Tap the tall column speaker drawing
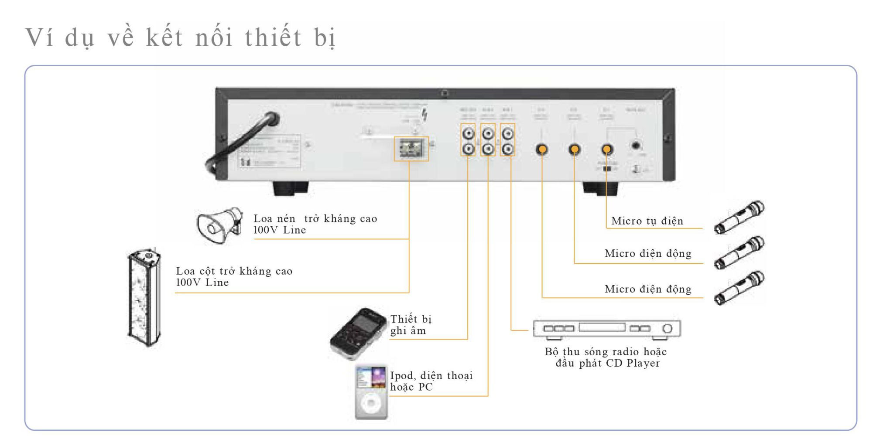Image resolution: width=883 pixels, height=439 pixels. (x=144, y=298)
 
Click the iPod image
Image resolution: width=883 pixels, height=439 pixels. (x=371, y=391)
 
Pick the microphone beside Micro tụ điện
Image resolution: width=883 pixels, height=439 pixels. (x=739, y=217)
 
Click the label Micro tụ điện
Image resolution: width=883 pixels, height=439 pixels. (x=647, y=221)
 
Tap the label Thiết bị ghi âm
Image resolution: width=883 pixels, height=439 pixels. (x=411, y=325)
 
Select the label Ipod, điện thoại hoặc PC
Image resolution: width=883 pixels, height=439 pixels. (x=431, y=381)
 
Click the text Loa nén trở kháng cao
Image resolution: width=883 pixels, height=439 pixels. (x=315, y=219)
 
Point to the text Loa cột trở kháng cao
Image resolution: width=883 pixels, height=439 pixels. (x=234, y=271)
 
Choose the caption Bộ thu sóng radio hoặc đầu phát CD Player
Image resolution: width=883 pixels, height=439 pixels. (x=606, y=357)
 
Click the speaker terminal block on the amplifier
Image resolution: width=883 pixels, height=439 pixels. (x=411, y=149)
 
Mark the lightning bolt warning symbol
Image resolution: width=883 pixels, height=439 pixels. (x=424, y=115)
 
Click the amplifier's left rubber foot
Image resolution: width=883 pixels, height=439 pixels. (x=291, y=188)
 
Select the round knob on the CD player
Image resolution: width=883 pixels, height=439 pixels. (x=667, y=329)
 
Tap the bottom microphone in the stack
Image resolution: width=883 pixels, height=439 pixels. (x=739, y=288)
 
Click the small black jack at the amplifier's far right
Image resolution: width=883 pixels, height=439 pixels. (x=636, y=146)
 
